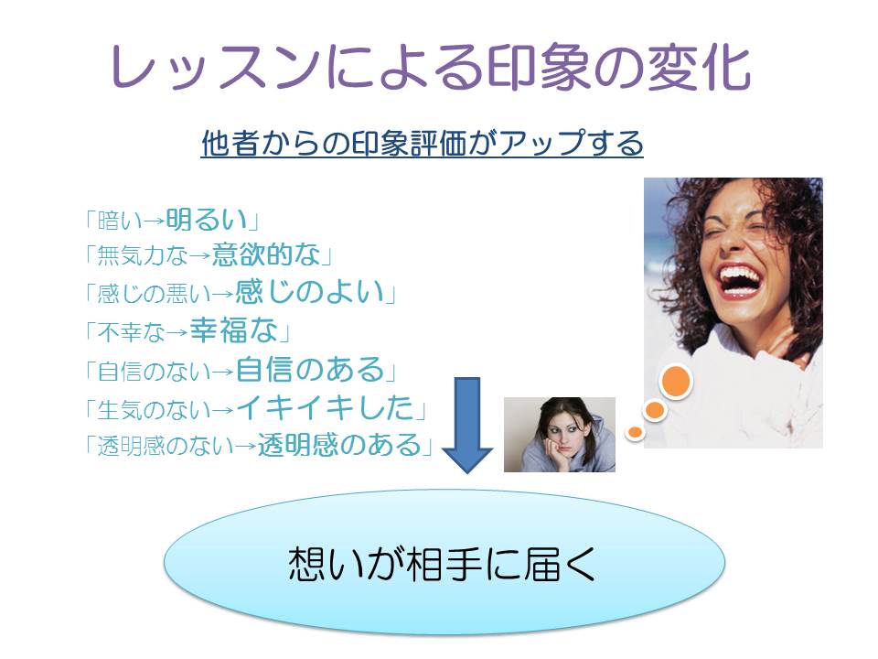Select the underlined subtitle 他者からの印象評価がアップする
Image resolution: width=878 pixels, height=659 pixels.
422,144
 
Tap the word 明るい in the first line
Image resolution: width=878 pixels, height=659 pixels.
207,219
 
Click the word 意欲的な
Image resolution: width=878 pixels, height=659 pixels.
266,255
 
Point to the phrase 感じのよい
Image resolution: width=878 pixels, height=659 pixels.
310,292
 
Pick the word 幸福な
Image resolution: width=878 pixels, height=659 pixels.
233,330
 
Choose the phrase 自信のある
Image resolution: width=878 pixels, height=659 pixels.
310,369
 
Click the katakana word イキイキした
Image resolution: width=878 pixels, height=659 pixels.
325,408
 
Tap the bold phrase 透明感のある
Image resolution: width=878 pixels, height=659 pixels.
339,445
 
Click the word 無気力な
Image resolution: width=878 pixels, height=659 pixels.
143,256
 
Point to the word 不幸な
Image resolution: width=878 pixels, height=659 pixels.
131,332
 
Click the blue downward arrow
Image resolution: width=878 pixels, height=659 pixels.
467,426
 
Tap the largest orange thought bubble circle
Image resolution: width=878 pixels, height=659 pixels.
676,382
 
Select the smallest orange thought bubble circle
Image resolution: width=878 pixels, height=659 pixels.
635,432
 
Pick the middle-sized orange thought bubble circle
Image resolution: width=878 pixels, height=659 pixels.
654,410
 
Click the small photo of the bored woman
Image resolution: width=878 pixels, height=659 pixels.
560,435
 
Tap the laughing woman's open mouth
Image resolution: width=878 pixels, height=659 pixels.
742,281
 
